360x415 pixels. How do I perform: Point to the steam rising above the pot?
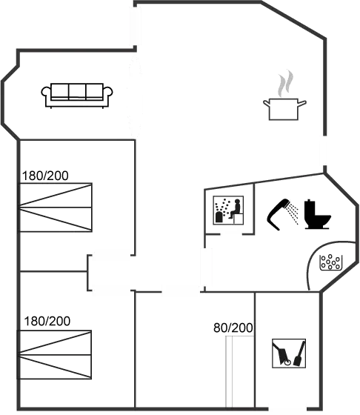tap(283, 83)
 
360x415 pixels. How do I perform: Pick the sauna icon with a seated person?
tap(228, 211)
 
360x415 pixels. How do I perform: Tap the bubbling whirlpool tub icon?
tap(330, 261)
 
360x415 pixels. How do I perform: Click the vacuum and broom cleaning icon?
tap(287, 353)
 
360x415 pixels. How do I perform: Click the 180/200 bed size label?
tap(44, 176)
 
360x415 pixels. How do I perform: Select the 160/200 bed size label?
tap(47, 321)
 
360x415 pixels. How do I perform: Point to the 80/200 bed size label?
tap(233, 327)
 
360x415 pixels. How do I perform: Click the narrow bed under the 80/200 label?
tap(241, 371)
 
